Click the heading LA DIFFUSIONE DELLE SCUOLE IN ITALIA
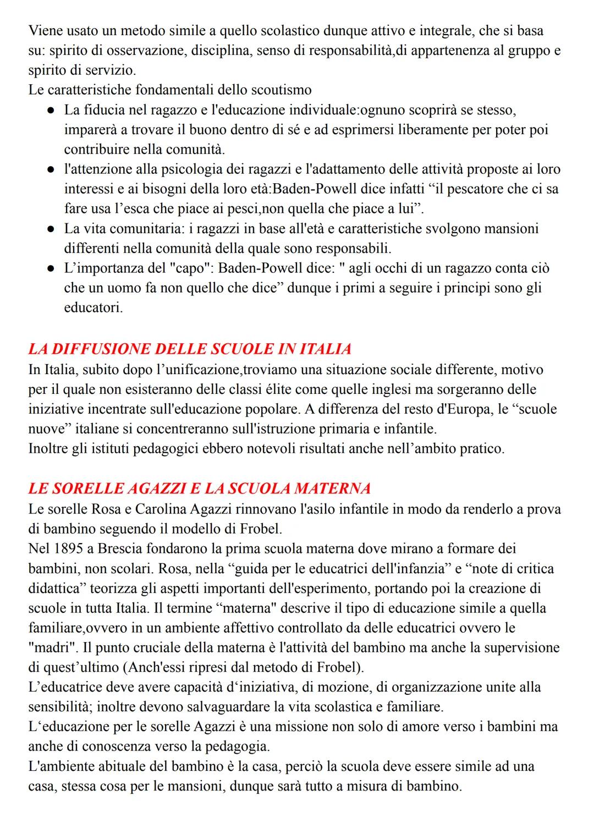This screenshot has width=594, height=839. (x=190, y=349)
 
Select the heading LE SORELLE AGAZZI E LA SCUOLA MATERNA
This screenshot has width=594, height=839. (x=199, y=488)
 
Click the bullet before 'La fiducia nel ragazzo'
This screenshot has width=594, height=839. (x=50, y=110)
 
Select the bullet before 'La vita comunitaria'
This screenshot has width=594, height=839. (x=50, y=229)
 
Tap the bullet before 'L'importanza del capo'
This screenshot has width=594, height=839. (x=50, y=268)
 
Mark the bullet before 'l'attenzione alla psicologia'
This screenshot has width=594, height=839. (x=50, y=169)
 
